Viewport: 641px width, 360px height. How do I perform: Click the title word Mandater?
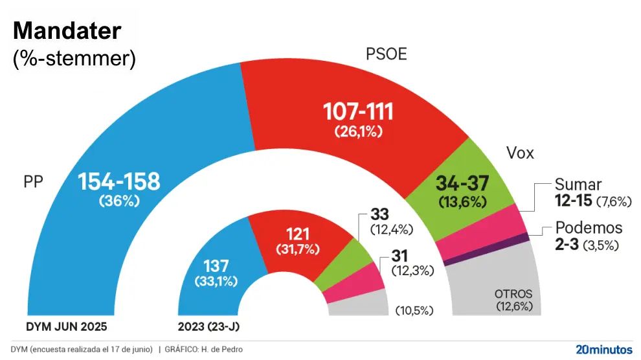point(67,31)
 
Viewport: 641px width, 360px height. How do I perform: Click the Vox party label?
point(519,153)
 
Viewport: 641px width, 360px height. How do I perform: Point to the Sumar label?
point(578,185)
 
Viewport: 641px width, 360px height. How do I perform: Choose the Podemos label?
point(589,228)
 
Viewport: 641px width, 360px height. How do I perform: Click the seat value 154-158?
point(119,182)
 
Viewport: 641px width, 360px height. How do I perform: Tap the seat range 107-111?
point(359,113)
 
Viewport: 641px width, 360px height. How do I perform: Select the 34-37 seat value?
point(462,183)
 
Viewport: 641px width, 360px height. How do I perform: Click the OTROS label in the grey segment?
point(513,293)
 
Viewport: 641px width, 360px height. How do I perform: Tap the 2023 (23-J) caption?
point(204,326)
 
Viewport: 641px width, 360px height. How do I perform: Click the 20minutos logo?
point(603,349)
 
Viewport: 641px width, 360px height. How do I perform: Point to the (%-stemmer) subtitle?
point(74,58)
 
